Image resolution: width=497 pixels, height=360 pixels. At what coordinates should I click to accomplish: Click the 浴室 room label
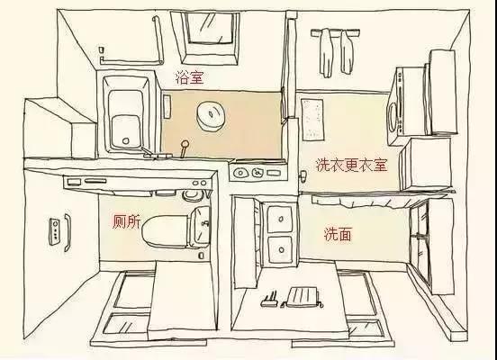click(x=189, y=78)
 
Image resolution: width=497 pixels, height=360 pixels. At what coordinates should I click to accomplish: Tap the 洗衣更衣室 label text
click(x=351, y=165)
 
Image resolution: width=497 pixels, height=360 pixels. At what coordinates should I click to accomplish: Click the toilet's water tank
click(x=202, y=227)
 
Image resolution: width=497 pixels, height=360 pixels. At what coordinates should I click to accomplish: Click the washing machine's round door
click(x=393, y=113)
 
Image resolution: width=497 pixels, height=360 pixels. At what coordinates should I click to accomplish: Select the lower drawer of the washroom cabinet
click(x=281, y=247)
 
